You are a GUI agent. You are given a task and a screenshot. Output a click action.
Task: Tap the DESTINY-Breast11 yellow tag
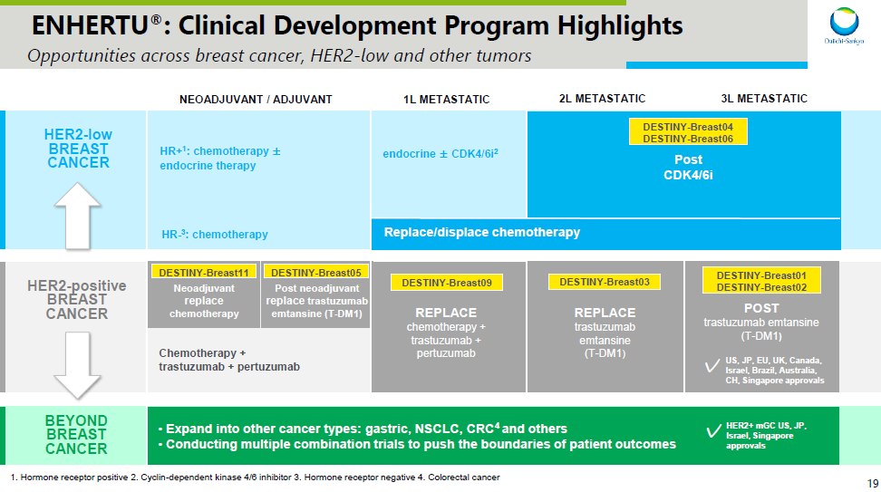click(204, 272)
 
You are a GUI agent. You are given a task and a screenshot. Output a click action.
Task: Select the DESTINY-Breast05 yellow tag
click(315, 272)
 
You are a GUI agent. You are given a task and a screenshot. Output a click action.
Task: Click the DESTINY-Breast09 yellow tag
click(447, 283)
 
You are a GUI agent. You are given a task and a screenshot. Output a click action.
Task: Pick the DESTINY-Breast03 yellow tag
click(605, 283)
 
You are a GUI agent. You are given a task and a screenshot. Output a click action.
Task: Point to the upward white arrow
click(78, 215)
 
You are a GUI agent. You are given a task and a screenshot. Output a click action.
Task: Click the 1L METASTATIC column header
click(446, 99)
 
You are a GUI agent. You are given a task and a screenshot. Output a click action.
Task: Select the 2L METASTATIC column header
click(602, 98)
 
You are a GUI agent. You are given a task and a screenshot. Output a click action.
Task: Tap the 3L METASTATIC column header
click(764, 98)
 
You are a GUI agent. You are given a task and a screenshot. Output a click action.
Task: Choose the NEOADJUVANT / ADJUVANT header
click(257, 99)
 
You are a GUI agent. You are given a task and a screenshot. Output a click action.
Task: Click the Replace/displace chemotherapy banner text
click(482, 233)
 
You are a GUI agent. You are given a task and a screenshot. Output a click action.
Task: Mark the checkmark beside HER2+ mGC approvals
click(713, 431)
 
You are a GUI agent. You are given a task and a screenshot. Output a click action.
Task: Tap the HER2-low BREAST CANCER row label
click(78, 149)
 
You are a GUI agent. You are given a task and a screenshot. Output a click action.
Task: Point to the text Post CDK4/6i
click(688, 167)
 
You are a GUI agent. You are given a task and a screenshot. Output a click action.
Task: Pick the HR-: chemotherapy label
click(215, 234)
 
